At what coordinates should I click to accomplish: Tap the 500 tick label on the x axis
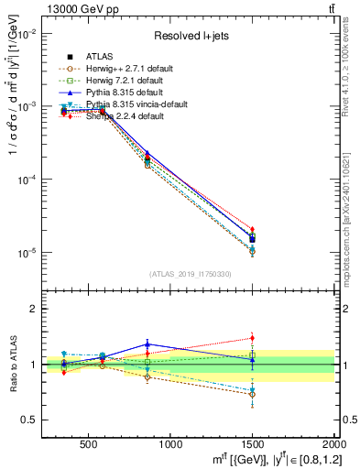coord(90,444)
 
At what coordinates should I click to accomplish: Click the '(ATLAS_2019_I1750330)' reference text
coord(191,274)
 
